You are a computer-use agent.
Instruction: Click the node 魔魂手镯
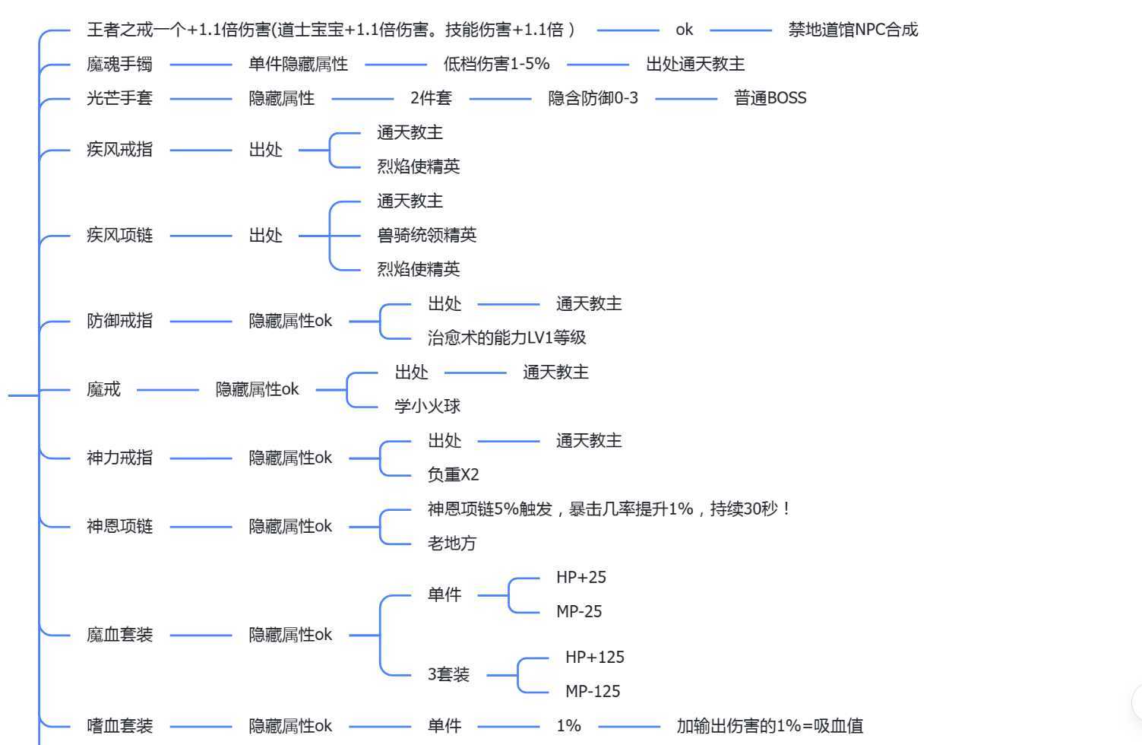(x=119, y=65)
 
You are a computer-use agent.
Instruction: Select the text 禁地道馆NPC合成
(x=853, y=30)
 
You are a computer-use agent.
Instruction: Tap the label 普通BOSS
(x=770, y=98)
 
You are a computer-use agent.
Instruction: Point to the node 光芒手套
(x=119, y=98)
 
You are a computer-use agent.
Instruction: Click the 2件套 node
(x=431, y=98)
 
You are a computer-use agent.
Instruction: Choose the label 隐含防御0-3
(x=593, y=98)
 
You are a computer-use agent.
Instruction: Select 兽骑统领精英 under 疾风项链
(x=426, y=236)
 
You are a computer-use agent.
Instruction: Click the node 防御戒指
(x=119, y=321)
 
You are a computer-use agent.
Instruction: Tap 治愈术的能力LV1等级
(x=506, y=338)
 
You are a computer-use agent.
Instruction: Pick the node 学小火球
(x=427, y=406)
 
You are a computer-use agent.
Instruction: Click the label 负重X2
(x=453, y=475)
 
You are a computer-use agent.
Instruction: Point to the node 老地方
(x=451, y=544)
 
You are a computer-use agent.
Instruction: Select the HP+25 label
(x=580, y=578)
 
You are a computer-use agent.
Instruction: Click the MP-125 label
(x=592, y=692)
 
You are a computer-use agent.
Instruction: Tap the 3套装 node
(x=448, y=674)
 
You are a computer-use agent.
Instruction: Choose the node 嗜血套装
(x=119, y=726)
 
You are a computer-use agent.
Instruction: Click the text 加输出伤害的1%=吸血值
(x=769, y=726)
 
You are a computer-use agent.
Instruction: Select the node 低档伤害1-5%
(x=496, y=65)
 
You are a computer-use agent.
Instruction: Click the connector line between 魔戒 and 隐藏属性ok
(x=167, y=390)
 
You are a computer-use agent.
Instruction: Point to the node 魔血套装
(x=119, y=635)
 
